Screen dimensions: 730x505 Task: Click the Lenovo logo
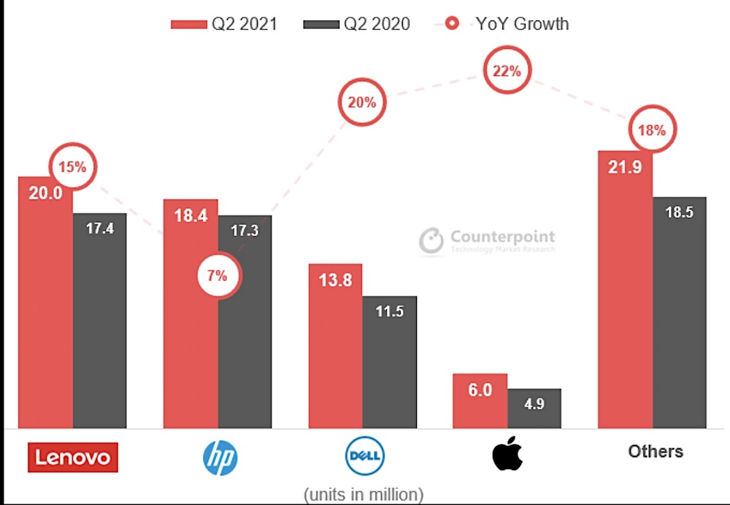[x=73, y=457]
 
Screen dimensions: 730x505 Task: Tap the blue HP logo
[x=220, y=458]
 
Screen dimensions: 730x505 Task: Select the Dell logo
[x=365, y=455]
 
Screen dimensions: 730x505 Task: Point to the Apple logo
[x=507, y=453]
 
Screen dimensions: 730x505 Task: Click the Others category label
[x=656, y=452]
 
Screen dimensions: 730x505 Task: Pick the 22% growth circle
[x=507, y=70]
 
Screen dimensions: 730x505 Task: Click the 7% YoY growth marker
[x=218, y=276]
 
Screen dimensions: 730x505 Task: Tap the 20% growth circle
[x=362, y=102]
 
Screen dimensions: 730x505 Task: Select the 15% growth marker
[x=72, y=167]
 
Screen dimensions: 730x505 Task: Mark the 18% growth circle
[x=652, y=129]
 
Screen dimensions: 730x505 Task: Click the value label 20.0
[x=45, y=193]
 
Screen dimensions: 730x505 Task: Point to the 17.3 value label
[x=245, y=230]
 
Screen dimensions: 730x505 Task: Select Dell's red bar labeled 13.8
[x=335, y=346]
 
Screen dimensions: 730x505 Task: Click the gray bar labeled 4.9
[x=534, y=409]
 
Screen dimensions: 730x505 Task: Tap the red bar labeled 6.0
[x=480, y=401]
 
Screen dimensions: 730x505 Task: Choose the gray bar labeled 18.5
[x=679, y=313]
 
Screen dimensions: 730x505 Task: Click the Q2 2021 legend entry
[x=224, y=24]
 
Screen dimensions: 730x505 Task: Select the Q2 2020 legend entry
[x=357, y=24]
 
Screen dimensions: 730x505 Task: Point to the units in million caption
[x=364, y=494]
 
